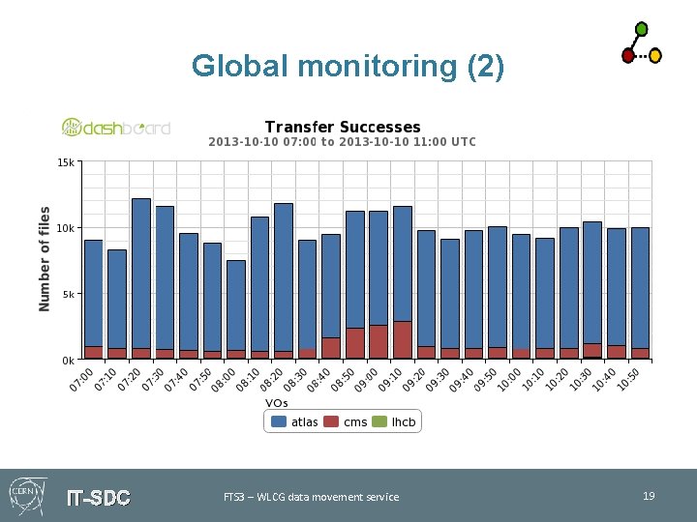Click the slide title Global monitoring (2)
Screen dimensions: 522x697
348,66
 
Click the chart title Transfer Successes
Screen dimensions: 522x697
343,127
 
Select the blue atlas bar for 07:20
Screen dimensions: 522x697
141,271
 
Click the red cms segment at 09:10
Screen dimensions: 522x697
403,340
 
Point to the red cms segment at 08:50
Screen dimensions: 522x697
355,343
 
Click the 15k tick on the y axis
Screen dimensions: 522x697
65,162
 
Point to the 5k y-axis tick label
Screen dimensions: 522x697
67,294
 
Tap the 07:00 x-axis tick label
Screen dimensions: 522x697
82,379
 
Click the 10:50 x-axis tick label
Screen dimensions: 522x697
629,379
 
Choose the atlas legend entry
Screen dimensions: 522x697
295,421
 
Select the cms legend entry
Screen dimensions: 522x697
347,421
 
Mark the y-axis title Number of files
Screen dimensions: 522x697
45,258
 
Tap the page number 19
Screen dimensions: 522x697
649,496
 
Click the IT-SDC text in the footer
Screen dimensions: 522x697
98,498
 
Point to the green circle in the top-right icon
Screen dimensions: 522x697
641,29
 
